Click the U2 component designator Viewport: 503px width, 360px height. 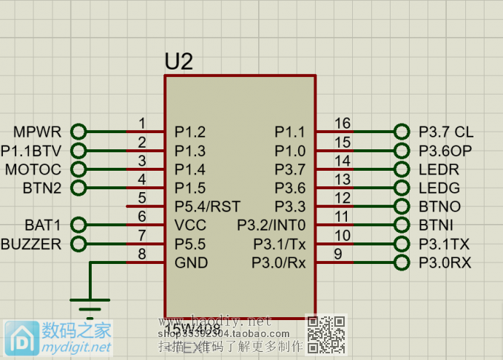pyautogui.click(x=178, y=62)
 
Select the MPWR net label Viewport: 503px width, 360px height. pyautogui.click(x=37, y=132)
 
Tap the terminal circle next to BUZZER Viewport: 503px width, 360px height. pyautogui.click(x=78, y=244)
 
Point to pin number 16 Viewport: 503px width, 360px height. pyautogui.click(x=342, y=123)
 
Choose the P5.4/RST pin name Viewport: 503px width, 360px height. pyautogui.click(x=207, y=206)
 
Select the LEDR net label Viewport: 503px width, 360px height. pyautogui.click(x=439, y=169)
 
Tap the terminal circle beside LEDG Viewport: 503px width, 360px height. pyautogui.click(x=402, y=188)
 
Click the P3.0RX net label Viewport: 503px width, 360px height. pyautogui.click(x=445, y=262)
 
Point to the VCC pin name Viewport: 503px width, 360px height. pyautogui.click(x=190, y=225)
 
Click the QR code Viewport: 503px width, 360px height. pyautogui.click(x=326, y=333)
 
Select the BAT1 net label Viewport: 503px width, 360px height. pyautogui.click(x=43, y=225)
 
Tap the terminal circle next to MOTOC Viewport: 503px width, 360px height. pyautogui.click(x=78, y=169)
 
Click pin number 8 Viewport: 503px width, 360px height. pyautogui.click(x=142, y=254)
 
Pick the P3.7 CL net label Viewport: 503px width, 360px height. pyautogui.click(x=446, y=132)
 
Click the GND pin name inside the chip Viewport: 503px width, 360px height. pyautogui.click(x=191, y=262)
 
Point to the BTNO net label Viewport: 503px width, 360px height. pyautogui.click(x=439, y=206)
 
